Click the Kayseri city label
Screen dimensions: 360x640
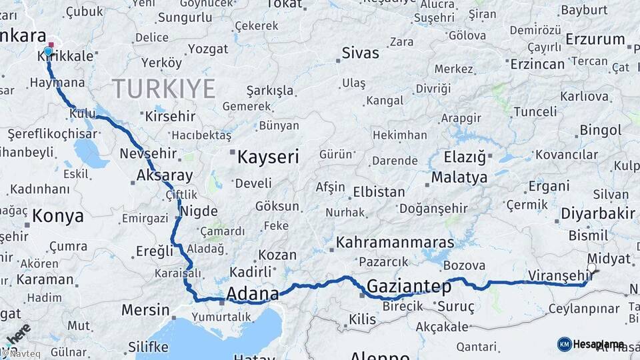click(x=269, y=157)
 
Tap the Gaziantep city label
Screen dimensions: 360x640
click(x=409, y=286)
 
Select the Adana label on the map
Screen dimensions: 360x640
click(x=253, y=293)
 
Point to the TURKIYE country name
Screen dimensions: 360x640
click(x=163, y=88)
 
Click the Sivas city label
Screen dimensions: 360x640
click(x=360, y=53)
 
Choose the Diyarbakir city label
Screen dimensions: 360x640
click(x=597, y=213)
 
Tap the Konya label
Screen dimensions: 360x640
click(x=58, y=216)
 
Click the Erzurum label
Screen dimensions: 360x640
click(x=595, y=39)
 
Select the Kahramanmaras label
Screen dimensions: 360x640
click(x=395, y=242)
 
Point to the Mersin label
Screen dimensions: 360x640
click(x=145, y=310)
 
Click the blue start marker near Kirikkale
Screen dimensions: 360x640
click(x=48, y=51)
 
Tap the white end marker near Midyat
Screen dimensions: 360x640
click(x=591, y=267)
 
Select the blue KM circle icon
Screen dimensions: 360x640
click(x=564, y=344)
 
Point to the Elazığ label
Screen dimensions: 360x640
click(x=465, y=157)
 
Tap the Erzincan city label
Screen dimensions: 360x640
click(x=537, y=64)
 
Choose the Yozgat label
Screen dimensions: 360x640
click(x=208, y=49)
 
